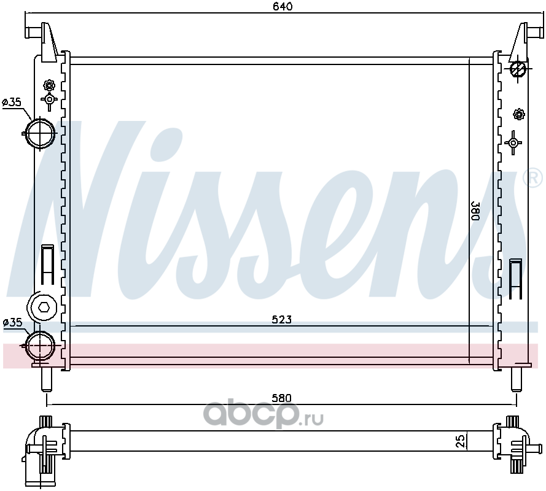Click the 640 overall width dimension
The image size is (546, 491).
pyautogui.click(x=283, y=7)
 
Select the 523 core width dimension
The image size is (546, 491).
pyautogui.click(x=281, y=319)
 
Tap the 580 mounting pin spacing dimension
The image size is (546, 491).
pyautogui.click(x=281, y=398)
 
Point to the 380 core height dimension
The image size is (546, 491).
pyautogui.click(x=475, y=211)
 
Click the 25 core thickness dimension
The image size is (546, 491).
pyautogui.click(x=461, y=441)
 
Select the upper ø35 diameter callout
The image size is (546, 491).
pyautogui.click(x=12, y=102)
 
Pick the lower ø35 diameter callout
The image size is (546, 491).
pyautogui.click(x=12, y=323)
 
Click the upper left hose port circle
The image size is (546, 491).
pyautogui.click(x=41, y=133)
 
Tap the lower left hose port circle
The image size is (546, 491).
pyautogui.click(x=41, y=346)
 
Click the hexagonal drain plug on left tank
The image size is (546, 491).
pyautogui.click(x=44, y=307)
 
